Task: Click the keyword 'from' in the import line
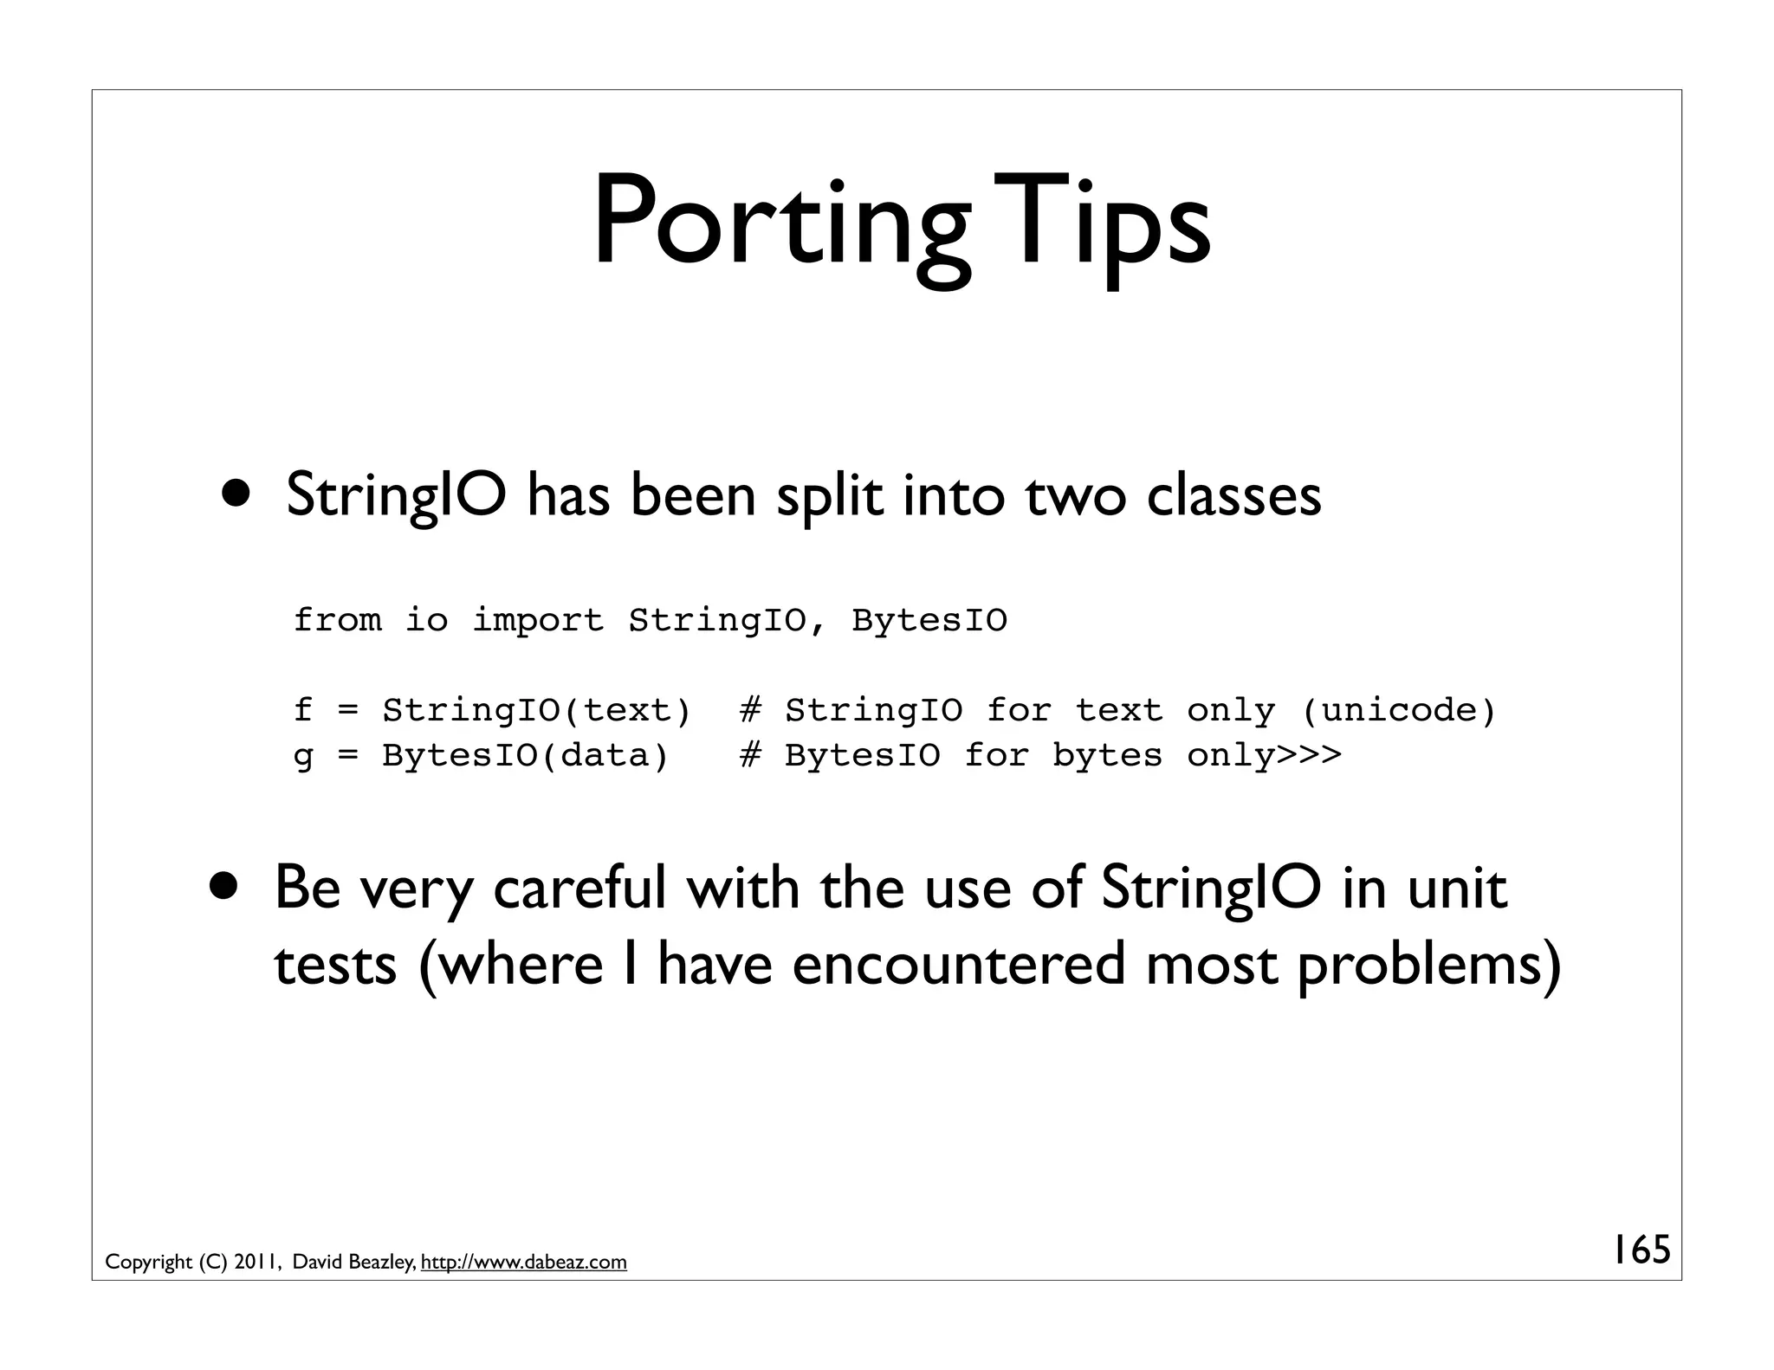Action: (x=337, y=620)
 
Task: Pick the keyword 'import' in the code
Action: (x=537, y=620)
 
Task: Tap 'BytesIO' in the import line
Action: (x=929, y=620)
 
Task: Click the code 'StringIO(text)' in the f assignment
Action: (x=536, y=710)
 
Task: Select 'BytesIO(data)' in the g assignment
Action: (x=525, y=755)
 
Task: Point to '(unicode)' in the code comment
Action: (x=1398, y=710)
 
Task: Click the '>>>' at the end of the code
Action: (x=1309, y=755)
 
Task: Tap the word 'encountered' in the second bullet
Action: (x=959, y=964)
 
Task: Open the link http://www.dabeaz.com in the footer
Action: (x=523, y=1262)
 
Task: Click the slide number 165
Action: (x=1640, y=1250)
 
